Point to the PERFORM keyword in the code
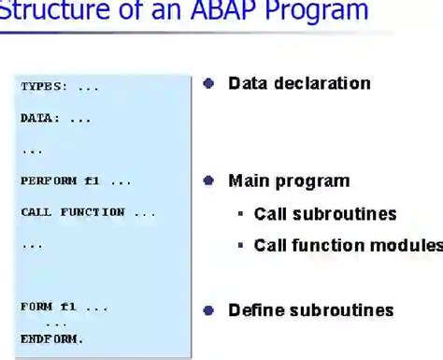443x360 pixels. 49,181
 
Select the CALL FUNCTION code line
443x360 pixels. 88,212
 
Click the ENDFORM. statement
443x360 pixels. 52,338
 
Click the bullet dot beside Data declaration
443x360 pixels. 208,83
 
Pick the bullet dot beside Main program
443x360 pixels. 208,180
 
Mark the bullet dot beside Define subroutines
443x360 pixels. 208,310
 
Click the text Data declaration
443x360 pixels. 299,83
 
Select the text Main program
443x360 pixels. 289,180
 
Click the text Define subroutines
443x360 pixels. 311,310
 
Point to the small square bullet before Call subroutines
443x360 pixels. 240,214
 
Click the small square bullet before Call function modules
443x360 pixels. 240,246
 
